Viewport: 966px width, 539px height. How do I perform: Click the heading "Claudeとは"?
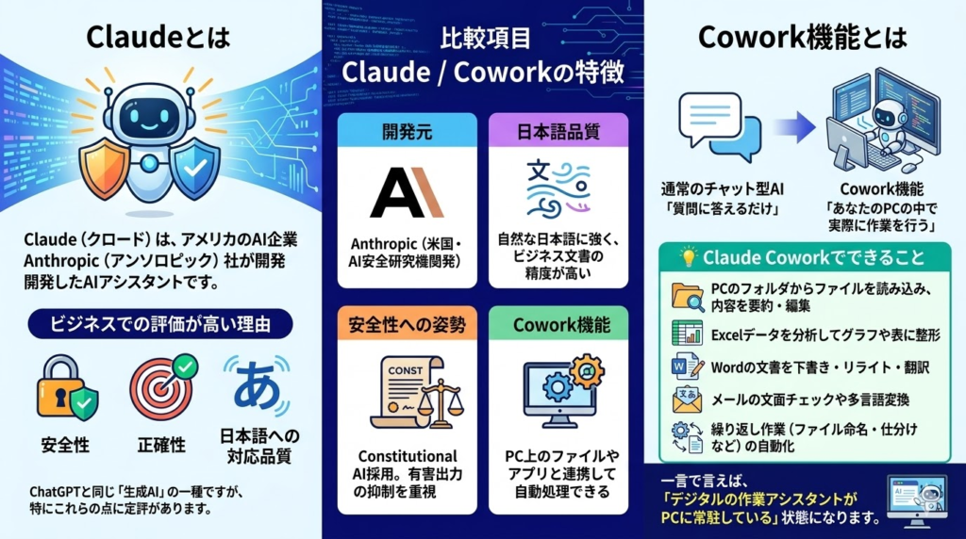(x=158, y=37)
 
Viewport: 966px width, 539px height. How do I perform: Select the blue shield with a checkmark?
(x=194, y=168)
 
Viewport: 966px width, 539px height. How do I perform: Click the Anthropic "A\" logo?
(x=407, y=192)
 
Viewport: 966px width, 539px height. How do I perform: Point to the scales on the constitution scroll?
(x=441, y=403)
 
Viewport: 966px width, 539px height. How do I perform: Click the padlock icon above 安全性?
(x=65, y=387)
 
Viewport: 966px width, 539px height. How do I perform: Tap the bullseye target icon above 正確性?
(x=162, y=387)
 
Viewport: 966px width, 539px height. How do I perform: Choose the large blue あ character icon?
(x=257, y=385)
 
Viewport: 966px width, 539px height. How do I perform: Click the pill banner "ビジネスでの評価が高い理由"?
(x=160, y=323)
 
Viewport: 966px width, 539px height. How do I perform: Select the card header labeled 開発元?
(x=408, y=131)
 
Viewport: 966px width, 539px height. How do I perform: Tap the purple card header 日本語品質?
(x=558, y=131)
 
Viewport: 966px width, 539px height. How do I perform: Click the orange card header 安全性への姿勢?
(x=408, y=324)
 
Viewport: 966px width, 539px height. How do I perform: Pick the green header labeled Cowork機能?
(x=558, y=324)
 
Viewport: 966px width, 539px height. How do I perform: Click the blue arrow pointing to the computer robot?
(x=794, y=127)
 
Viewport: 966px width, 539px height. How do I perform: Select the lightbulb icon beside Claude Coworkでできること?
(x=688, y=256)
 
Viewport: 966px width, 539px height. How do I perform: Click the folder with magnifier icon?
(x=688, y=297)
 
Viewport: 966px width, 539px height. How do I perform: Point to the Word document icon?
(x=688, y=367)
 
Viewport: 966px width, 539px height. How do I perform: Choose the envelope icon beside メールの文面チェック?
(x=688, y=400)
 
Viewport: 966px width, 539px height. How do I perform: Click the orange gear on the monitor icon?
(x=587, y=371)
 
